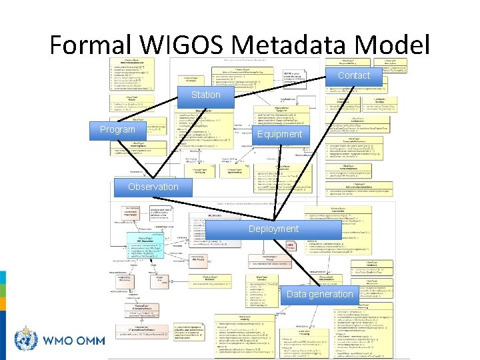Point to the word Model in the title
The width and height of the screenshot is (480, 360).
pyautogui.click(x=393, y=45)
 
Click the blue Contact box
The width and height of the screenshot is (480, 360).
pyautogui.click(x=353, y=76)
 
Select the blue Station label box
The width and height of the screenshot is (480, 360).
pyautogui.click(x=205, y=95)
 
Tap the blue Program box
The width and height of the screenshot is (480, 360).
pyautogui.click(x=117, y=129)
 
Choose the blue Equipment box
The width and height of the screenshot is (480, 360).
pyautogui.click(x=279, y=134)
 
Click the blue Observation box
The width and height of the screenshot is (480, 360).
pyautogui.click(x=153, y=187)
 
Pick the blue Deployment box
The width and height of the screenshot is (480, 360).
pyautogui.click(x=273, y=229)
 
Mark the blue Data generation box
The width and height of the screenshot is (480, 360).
pyautogui.click(x=319, y=294)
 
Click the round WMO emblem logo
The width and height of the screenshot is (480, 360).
pyautogui.click(x=25, y=340)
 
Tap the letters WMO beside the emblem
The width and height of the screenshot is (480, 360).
pyautogui.click(x=59, y=341)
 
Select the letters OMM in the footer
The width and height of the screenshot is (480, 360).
pyautogui.click(x=90, y=341)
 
